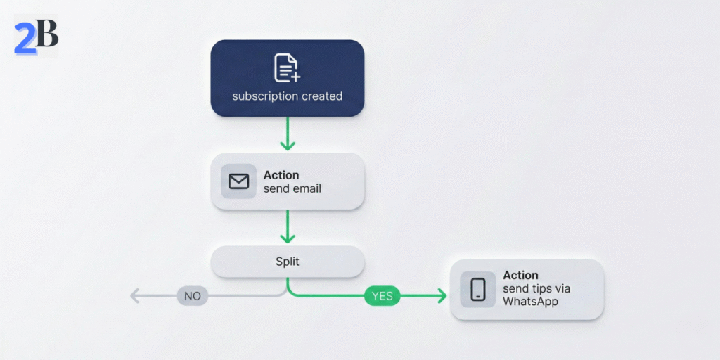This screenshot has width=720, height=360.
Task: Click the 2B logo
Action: [x=36, y=37]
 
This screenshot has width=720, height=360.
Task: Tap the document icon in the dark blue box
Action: [x=286, y=67]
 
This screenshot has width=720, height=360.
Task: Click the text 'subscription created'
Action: [x=288, y=96]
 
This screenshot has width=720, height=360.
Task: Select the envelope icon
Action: [x=239, y=181]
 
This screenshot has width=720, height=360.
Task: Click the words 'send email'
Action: [x=292, y=188]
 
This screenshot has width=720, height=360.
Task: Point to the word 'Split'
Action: [x=288, y=262]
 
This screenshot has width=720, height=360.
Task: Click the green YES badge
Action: [x=382, y=296]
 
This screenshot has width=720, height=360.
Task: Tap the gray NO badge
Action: [x=193, y=296]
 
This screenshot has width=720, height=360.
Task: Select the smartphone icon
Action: [x=478, y=289]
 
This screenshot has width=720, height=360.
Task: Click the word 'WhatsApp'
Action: [x=530, y=302]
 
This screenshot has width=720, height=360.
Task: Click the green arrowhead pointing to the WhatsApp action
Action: [x=441, y=296]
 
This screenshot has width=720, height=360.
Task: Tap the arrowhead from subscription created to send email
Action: [x=288, y=145]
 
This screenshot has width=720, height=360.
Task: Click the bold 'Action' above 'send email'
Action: [x=281, y=175]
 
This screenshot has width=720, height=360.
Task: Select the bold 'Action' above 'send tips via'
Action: [x=520, y=276]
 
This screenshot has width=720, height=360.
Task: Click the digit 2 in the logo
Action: [x=25, y=38]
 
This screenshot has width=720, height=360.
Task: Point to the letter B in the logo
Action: [x=46, y=34]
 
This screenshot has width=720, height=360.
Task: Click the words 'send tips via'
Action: [x=536, y=289]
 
